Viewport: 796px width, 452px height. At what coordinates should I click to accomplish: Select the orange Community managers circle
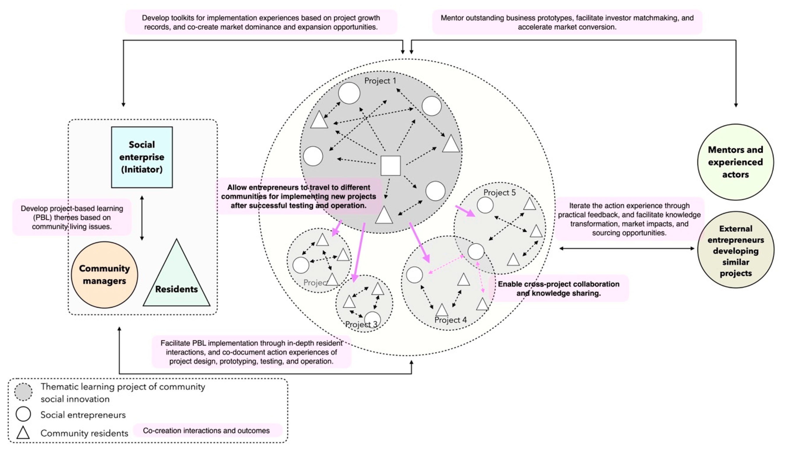coord(104,275)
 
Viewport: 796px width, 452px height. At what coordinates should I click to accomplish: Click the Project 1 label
coord(380,81)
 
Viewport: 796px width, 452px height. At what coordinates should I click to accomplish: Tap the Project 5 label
coord(499,192)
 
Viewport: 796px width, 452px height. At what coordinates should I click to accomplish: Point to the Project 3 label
coord(361,324)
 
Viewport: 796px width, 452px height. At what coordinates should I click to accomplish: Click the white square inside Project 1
coord(390,166)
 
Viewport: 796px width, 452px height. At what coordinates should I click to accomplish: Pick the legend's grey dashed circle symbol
coord(23,392)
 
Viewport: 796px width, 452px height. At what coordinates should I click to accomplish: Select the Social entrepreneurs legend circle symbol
coord(23,414)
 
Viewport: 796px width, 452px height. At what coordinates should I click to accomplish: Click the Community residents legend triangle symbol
coord(23,433)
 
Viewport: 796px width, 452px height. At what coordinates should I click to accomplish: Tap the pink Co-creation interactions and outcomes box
coord(206,431)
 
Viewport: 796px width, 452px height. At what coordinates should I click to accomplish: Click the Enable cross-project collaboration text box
coord(558,288)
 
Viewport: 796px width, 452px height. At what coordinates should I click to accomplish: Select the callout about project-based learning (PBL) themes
coord(72,217)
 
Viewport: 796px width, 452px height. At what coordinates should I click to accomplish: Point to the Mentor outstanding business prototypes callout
coord(567,22)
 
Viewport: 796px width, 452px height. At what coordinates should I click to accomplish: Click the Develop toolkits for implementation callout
coord(261,22)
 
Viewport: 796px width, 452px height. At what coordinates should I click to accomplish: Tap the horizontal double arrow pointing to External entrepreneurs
coord(627,248)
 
